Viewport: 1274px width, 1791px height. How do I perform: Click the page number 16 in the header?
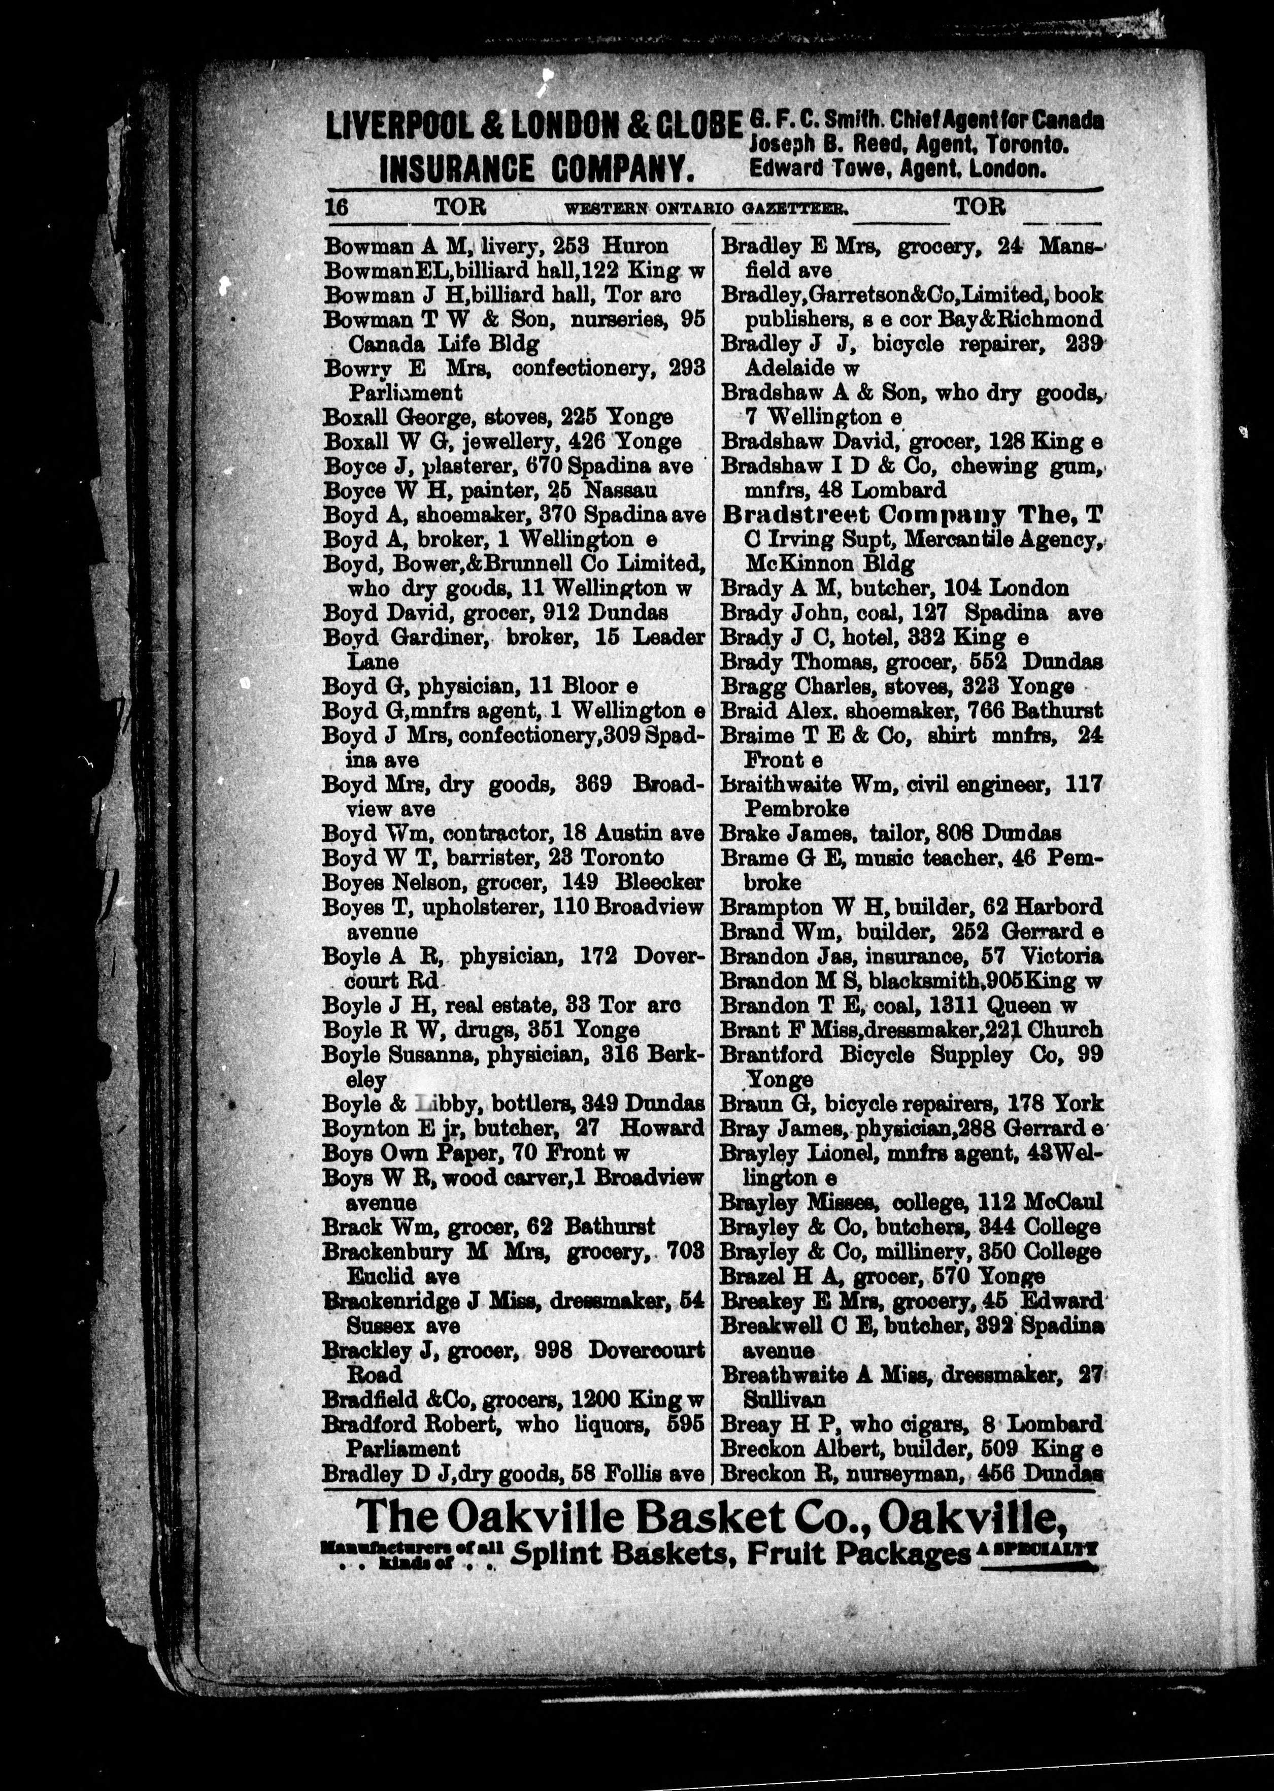(x=337, y=208)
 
